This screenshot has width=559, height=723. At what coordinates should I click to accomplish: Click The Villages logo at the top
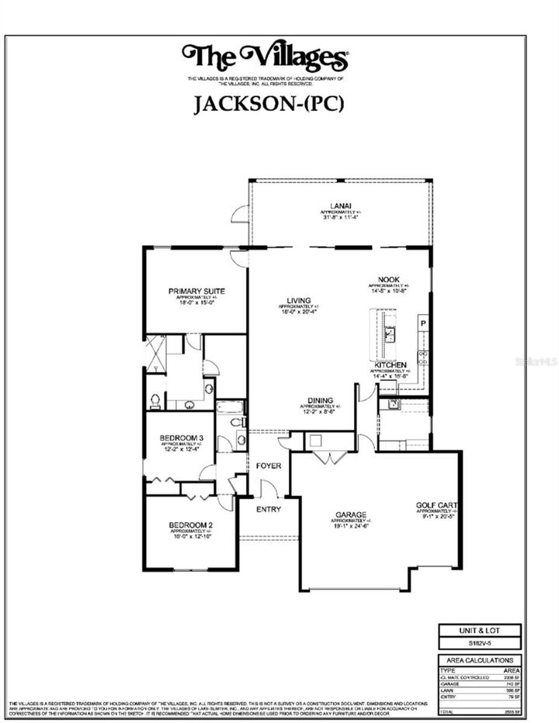pyautogui.click(x=265, y=57)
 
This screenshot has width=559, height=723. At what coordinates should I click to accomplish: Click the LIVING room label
pyautogui.click(x=298, y=300)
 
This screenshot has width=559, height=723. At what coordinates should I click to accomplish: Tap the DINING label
pyautogui.click(x=320, y=400)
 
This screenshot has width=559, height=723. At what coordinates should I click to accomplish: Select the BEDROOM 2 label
pyautogui.click(x=190, y=525)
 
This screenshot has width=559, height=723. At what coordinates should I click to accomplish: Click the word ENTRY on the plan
pyautogui.click(x=269, y=510)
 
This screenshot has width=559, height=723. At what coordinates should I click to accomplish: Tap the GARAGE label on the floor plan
pyautogui.click(x=350, y=514)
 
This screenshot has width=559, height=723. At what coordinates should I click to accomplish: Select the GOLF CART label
pyautogui.click(x=436, y=504)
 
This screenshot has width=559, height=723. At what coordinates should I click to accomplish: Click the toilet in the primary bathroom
pyautogui.click(x=155, y=401)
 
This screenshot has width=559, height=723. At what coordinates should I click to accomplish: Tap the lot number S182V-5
pyautogui.click(x=476, y=643)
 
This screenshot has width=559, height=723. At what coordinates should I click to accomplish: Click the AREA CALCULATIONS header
pyautogui.click(x=476, y=660)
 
